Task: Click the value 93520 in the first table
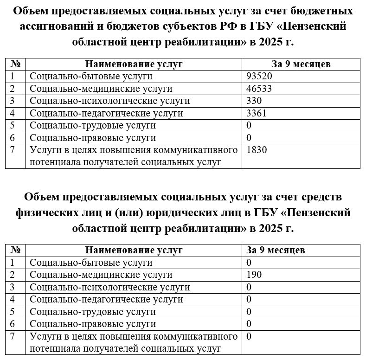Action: pyautogui.click(x=259, y=76)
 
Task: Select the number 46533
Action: pyautogui.click(x=259, y=89)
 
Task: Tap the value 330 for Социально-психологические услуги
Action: pyautogui.click(x=255, y=101)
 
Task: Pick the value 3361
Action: pyautogui.click(x=257, y=113)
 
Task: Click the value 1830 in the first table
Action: pyautogui.click(x=257, y=150)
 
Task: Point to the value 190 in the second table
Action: pyautogui.click(x=255, y=275)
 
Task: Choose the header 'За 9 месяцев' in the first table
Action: pyautogui.click(x=301, y=64)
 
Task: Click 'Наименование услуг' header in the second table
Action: pyautogui.click(x=134, y=250)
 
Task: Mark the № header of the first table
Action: pyautogui.click(x=16, y=64)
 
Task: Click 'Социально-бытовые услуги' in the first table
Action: pyautogui.click(x=91, y=76)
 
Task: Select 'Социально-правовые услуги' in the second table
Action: pyautogui.click(x=93, y=324)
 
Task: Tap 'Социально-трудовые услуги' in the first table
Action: pyautogui.click(x=93, y=125)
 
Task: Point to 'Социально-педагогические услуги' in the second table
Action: pyautogui.click(x=106, y=299)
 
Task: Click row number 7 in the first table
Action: pyautogui.click(x=13, y=150)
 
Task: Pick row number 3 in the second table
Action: pyautogui.click(x=13, y=287)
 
